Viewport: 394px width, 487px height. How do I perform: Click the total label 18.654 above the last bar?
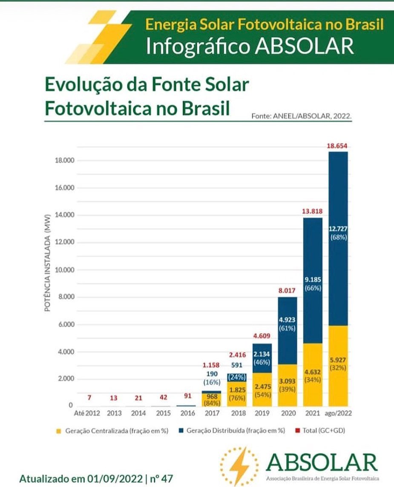point(337,146)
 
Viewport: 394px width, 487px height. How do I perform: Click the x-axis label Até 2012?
point(86,413)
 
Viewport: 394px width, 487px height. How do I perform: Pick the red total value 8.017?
point(287,291)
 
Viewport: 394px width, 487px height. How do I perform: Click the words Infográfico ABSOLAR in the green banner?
point(250,46)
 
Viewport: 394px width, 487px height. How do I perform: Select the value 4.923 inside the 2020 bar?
point(287,319)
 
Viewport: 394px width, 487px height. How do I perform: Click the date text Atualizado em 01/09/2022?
point(81,478)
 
